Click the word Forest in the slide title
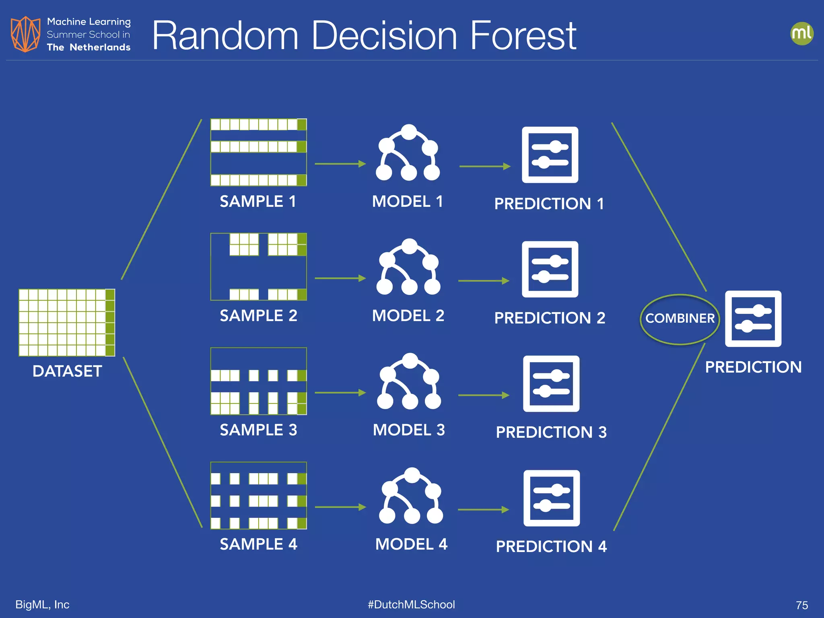(523, 36)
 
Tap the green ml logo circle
(801, 33)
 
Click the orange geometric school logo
(25, 34)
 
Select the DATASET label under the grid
(67, 371)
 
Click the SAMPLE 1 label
(258, 201)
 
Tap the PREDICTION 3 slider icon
(551, 383)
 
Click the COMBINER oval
(680, 319)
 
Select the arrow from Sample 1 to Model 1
(340, 164)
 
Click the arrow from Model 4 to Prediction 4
(483, 510)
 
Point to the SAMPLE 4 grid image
(258, 495)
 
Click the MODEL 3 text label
(409, 430)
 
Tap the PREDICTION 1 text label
(549, 204)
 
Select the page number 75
(801, 605)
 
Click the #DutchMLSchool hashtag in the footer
(411, 604)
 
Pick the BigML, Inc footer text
(42, 604)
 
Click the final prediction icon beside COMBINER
(753, 319)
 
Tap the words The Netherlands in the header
(89, 47)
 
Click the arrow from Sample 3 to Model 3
(340, 392)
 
